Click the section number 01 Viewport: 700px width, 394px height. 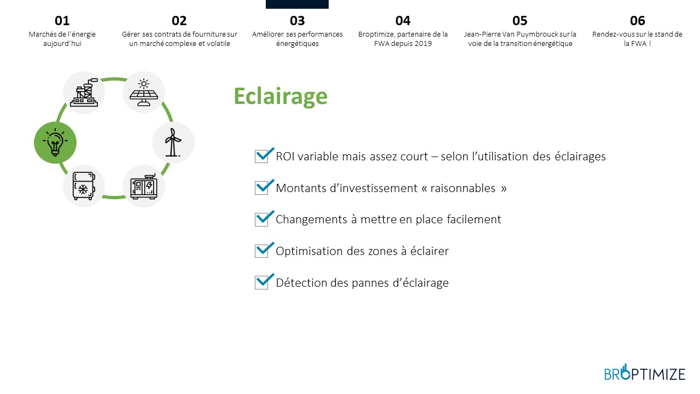point(62,21)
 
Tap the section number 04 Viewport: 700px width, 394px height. point(403,21)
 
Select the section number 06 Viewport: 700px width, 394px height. point(637,21)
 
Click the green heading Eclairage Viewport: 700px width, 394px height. point(281,96)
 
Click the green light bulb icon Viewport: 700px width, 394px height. point(55,143)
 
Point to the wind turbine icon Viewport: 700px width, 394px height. point(173,142)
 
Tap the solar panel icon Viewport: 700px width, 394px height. point(144,92)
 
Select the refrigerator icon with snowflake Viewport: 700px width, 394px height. point(84,186)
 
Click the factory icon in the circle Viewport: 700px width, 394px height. point(84,92)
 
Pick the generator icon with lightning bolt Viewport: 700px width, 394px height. point(144,187)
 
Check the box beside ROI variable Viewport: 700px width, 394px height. point(261,157)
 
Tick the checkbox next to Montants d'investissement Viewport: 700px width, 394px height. point(261,188)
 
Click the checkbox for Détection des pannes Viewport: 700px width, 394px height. point(261,283)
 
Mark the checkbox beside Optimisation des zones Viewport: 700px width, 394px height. point(261,251)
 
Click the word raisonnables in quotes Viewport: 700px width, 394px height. point(463,188)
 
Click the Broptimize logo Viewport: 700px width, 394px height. point(645,373)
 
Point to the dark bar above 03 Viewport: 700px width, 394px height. point(297,4)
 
